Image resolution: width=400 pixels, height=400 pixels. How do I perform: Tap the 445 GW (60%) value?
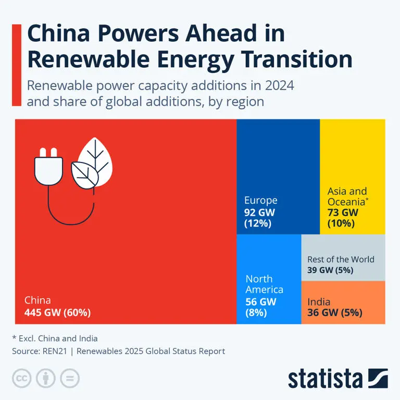pos(57,313)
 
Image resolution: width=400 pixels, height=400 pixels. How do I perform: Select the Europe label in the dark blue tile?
pos(260,201)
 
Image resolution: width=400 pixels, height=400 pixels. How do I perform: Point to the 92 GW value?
pos(259,213)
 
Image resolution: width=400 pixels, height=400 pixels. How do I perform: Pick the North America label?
pos(264,284)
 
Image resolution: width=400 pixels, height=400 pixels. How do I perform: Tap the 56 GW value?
pos(261,302)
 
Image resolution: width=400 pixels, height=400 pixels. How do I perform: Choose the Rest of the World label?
pos(341,259)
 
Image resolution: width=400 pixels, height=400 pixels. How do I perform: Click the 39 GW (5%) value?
pos(330,270)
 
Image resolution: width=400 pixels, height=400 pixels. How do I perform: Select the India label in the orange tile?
pos(318,302)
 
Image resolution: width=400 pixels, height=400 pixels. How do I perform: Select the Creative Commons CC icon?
pos(21,378)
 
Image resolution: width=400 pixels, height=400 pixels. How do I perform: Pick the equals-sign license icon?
pos(69,378)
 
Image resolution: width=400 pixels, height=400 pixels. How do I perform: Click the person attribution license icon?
pos(45,378)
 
